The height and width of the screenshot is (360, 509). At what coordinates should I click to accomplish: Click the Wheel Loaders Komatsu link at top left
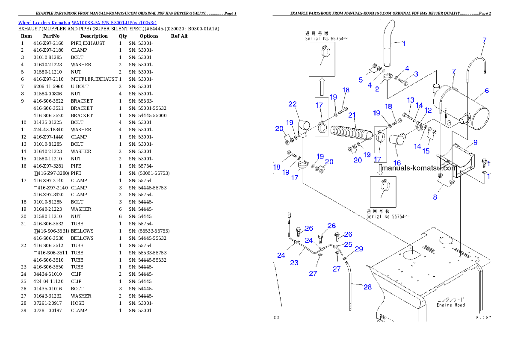pyautogui.click(x=87, y=22)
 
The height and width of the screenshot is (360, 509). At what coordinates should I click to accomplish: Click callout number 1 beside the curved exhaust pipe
pyautogui.click(x=403, y=43)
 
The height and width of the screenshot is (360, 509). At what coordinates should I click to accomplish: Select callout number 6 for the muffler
pyautogui.click(x=487, y=91)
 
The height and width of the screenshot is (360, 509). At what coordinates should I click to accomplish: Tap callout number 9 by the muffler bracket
pyautogui.click(x=475, y=142)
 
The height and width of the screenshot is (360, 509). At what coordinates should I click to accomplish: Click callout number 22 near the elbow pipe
pyautogui.click(x=292, y=104)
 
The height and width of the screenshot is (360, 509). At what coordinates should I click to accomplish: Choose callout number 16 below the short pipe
pyautogui.click(x=397, y=162)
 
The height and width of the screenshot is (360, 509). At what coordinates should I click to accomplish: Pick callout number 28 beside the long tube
pyautogui.click(x=368, y=287)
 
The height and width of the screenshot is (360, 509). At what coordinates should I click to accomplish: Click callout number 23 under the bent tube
pyautogui.click(x=294, y=263)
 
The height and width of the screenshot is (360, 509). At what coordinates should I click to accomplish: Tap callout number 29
pyautogui.click(x=359, y=249)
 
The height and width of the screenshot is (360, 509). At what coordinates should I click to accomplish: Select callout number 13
pyautogui.click(x=411, y=100)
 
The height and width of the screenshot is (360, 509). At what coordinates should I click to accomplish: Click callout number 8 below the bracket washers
pyautogui.click(x=435, y=197)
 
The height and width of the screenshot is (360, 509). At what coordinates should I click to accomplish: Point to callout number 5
pyautogui.click(x=361, y=80)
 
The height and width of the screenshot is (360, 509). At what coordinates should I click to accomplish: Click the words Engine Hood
pyautogui.click(x=450, y=305)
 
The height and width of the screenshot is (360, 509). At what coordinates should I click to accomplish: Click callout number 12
pyautogui.click(x=428, y=110)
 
